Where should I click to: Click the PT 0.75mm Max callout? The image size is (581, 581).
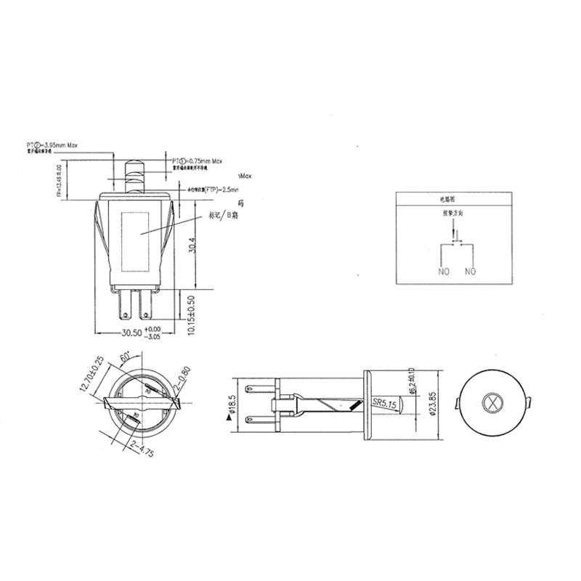(196, 160)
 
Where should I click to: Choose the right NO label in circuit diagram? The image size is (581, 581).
(470, 272)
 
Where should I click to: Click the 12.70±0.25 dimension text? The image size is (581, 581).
(91, 375)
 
